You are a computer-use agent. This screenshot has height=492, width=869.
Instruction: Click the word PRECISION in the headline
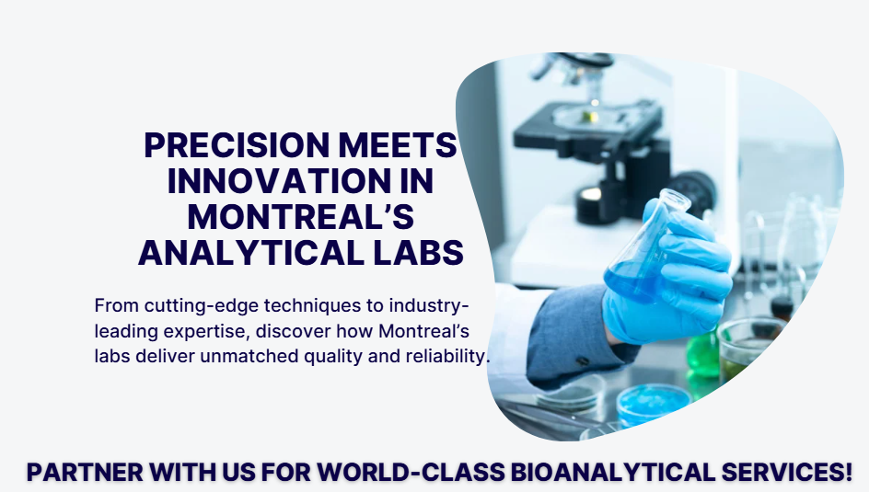coord(237,145)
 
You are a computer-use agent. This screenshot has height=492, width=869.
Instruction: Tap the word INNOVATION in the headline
coord(279,181)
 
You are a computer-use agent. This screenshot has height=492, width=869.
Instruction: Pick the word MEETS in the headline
coord(398,145)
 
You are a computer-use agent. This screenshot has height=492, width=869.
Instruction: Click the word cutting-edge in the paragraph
coord(202,306)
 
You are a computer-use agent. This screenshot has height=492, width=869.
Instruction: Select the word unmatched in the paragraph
coord(249,356)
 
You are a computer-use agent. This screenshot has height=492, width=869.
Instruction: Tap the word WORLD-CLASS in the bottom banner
coord(411,473)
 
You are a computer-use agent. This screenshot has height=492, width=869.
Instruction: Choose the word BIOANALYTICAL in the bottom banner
coord(613,473)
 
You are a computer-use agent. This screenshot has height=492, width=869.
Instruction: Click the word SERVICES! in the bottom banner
coord(787,473)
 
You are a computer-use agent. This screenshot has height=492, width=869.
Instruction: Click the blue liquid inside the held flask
coord(632,281)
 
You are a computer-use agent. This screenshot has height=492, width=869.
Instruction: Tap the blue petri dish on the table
coord(653,403)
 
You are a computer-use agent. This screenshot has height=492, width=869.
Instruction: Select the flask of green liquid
coord(702,353)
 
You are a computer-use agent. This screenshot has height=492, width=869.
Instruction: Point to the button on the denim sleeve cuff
coord(583,360)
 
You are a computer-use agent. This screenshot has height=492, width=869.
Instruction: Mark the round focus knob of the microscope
coord(692,192)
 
